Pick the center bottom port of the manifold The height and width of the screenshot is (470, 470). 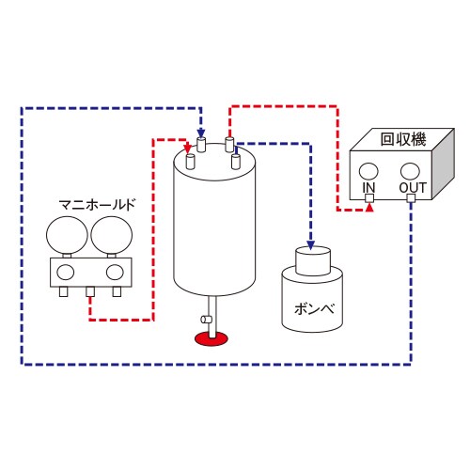click(x=90, y=292)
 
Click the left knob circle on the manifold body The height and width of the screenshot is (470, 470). click(x=66, y=272)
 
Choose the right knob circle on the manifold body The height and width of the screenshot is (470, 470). click(x=115, y=272)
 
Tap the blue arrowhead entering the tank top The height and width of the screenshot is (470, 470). click(x=202, y=134)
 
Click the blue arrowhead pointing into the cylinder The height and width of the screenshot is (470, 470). click(x=311, y=238)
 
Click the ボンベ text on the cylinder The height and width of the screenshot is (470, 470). click(x=309, y=307)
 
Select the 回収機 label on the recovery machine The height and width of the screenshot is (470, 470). click(x=402, y=140)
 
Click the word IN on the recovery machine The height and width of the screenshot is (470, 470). click(x=369, y=187)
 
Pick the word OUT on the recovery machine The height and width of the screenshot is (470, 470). click(x=412, y=187)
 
